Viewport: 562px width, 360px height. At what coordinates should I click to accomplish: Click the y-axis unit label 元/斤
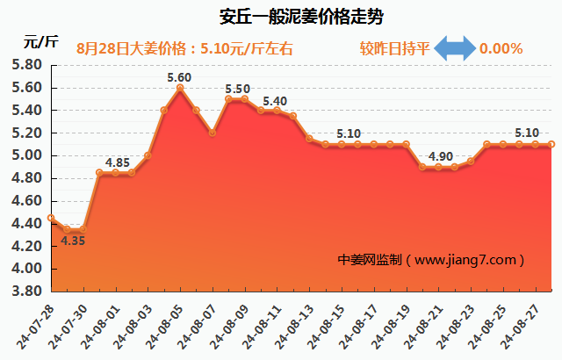[x=40, y=41]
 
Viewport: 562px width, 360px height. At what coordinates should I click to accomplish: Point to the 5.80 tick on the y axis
[x=27, y=65]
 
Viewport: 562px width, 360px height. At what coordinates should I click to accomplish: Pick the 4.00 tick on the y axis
[x=27, y=269]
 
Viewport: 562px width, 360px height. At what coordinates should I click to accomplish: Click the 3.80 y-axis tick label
[x=27, y=292]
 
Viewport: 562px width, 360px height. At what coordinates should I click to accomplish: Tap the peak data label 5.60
[x=179, y=77]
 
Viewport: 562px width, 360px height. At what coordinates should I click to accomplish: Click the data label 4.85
[x=119, y=162]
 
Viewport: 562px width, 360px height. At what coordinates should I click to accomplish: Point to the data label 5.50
[x=237, y=89]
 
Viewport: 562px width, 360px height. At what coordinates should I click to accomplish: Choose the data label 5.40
[x=275, y=101]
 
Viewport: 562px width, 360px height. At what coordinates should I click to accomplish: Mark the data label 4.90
[x=441, y=156]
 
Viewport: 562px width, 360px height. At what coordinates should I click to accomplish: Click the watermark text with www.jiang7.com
[x=431, y=260]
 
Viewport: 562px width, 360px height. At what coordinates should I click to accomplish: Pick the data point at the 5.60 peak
[x=179, y=88]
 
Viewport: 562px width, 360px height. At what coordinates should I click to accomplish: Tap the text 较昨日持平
[x=395, y=48]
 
